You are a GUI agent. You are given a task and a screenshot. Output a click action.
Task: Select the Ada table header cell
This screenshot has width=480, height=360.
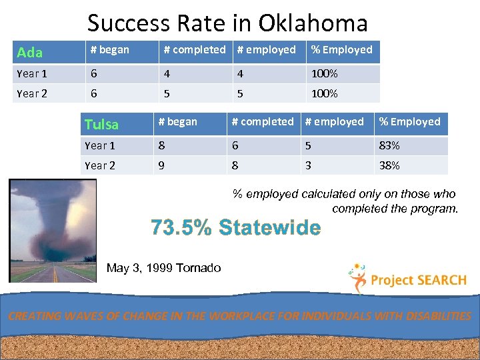pos(30,52)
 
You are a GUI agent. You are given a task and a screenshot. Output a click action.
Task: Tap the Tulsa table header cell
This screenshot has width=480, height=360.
pos(101,124)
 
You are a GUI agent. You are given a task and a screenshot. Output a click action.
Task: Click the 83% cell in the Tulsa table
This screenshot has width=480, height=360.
pos(389,145)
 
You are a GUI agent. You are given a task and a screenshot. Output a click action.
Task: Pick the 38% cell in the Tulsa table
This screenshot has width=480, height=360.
pos(389,165)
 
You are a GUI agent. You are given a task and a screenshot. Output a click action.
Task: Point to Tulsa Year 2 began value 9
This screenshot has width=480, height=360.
pos(161,165)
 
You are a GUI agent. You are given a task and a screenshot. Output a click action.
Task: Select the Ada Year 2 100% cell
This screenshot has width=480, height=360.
pos(325,93)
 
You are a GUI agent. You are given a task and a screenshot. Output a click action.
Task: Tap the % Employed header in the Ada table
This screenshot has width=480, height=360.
pos(341,50)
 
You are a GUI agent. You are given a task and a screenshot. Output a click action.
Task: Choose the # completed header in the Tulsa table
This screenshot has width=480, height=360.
pos(262,122)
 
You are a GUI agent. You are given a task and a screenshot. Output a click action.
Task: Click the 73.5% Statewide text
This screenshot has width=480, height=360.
pos(235,227)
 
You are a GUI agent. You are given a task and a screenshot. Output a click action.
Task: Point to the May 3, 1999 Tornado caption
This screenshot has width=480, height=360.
pos(163,268)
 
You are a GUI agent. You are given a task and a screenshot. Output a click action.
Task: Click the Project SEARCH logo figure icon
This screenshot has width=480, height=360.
pos(358,277)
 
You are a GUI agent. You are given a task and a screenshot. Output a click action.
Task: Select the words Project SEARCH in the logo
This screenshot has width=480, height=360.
pos(417,280)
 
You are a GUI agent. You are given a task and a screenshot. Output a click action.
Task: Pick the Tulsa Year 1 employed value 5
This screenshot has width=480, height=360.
pos(308,145)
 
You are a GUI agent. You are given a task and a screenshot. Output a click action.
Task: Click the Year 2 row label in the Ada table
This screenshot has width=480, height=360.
pos(32,93)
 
